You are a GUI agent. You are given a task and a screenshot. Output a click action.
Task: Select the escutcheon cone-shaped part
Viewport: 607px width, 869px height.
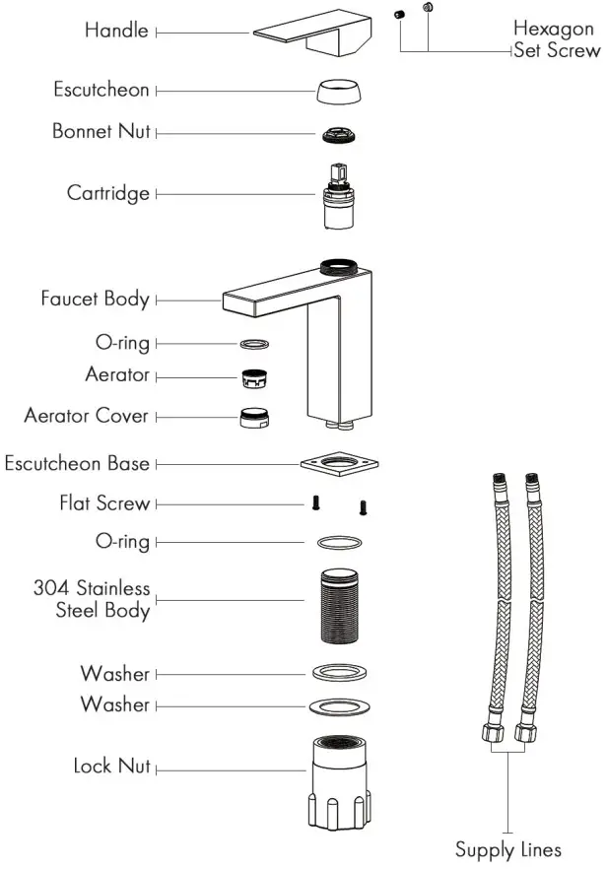[x=340, y=92]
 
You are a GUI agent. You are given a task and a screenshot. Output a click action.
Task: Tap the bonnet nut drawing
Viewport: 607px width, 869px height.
[x=340, y=132]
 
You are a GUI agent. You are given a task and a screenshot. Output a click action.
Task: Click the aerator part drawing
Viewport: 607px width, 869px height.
[x=255, y=376]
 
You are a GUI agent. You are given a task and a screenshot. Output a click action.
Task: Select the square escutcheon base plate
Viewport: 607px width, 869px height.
[x=340, y=462]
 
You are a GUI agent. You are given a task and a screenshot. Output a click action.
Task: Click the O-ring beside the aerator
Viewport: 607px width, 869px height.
[x=255, y=344]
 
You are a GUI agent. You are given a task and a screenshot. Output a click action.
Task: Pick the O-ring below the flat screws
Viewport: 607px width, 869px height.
[x=340, y=542]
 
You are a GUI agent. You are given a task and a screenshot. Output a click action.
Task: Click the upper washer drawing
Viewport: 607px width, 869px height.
[x=340, y=673]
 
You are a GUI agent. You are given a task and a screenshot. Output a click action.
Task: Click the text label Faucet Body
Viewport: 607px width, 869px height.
[x=95, y=299]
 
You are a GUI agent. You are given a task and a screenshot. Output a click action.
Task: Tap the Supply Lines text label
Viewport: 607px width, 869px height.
[x=508, y=848]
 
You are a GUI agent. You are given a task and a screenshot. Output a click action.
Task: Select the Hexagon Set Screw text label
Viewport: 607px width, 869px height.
[x=556, y=40]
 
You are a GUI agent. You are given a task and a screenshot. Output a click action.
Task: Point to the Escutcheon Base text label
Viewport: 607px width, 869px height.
[x=77, y=463]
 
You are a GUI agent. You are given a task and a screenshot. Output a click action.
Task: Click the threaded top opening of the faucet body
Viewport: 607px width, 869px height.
[x=340, y=265]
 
